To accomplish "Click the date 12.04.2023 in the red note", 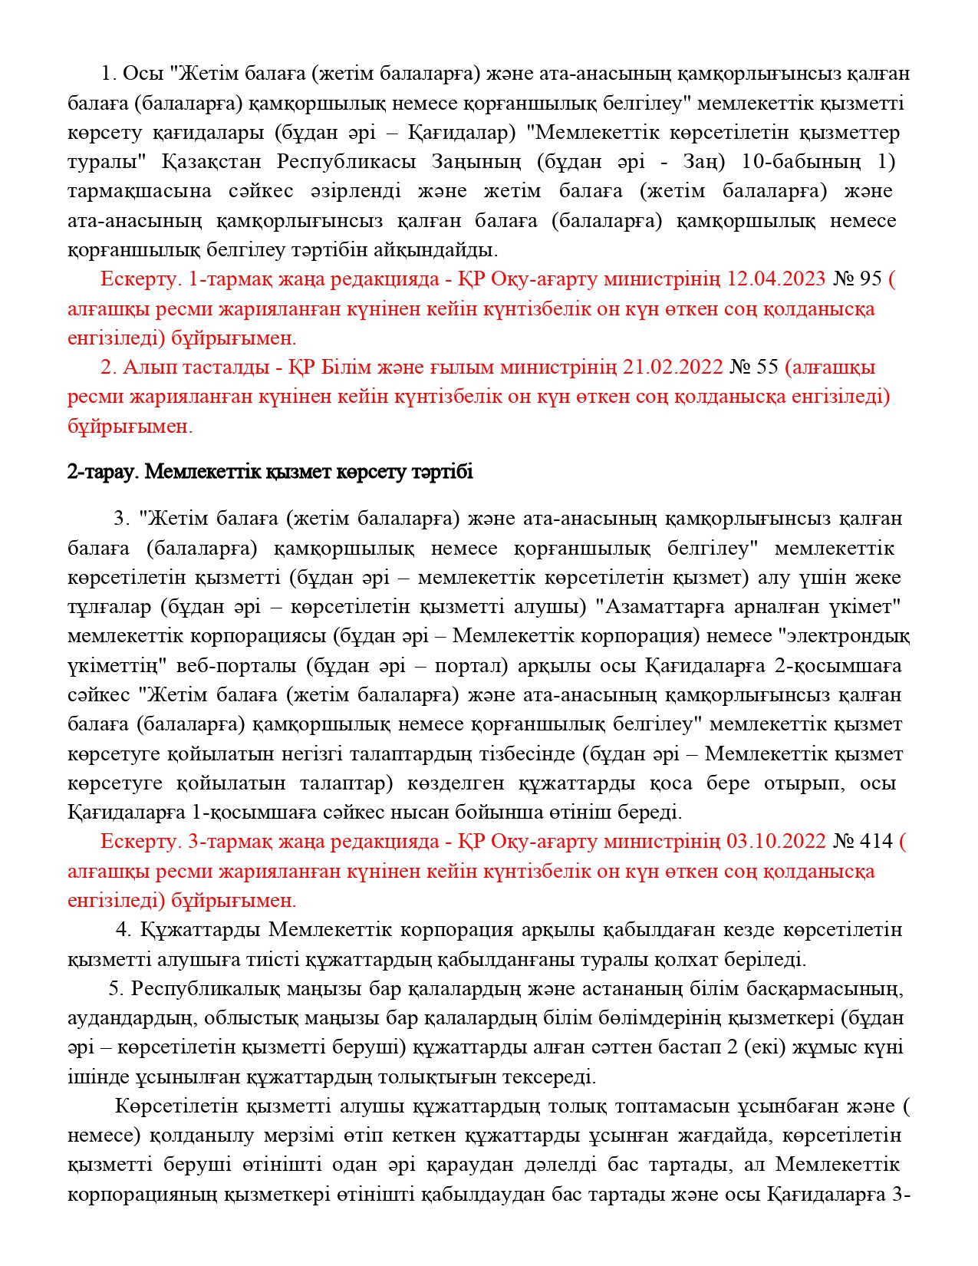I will (x=775, y=279).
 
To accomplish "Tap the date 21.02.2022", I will (x=673, y=368).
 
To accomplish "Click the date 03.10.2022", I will (x=775, y=842).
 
